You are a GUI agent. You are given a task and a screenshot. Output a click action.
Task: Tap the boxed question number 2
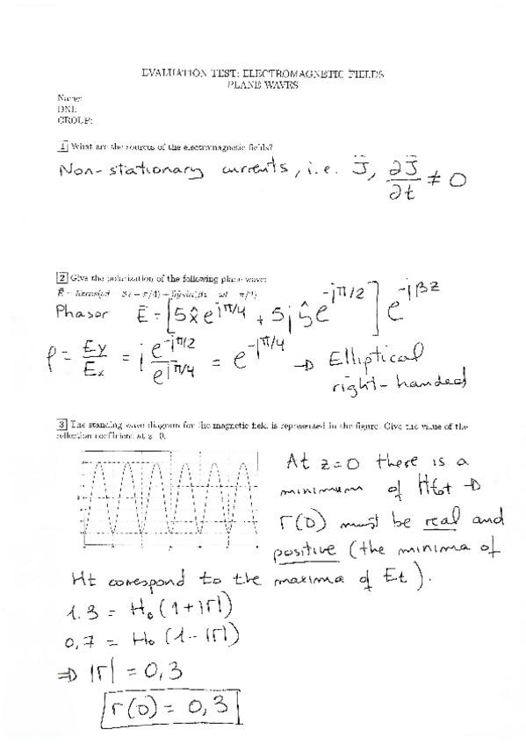pyautogui.click(x=62, y=279)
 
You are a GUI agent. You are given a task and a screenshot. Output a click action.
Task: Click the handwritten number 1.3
pyautogui.click(x=84, y=608)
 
